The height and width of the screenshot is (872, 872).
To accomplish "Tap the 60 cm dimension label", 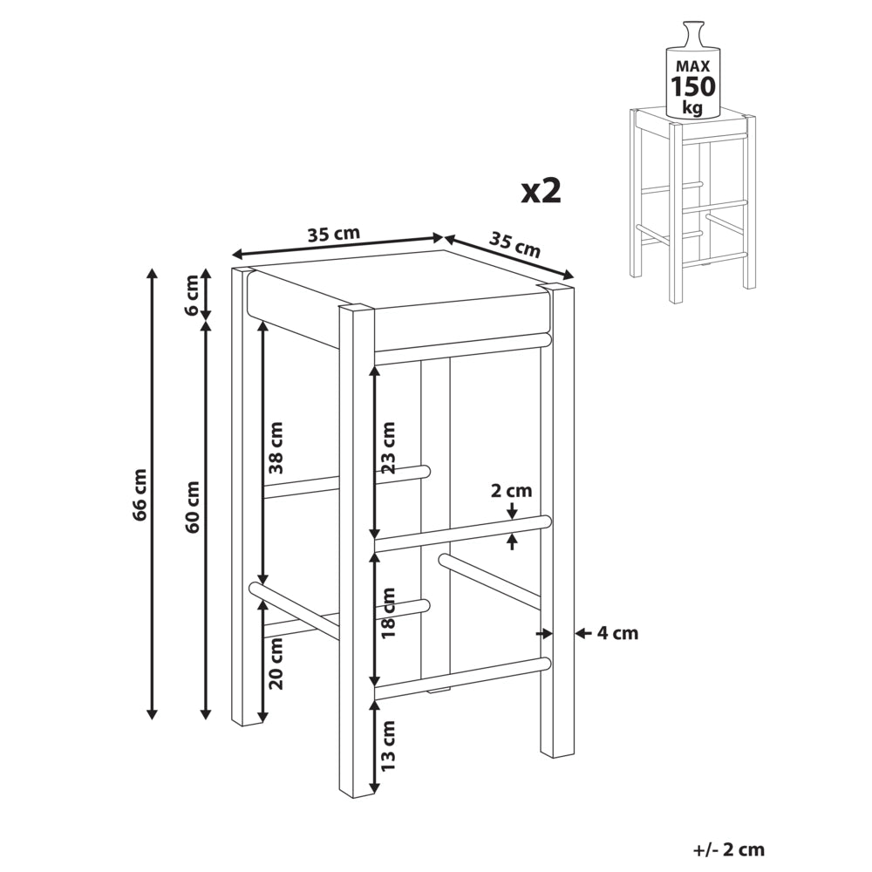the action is click(x=193, y=507).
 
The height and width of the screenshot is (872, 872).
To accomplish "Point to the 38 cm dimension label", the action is click(x=276, y=447).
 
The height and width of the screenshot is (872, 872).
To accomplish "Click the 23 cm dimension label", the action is click(x=388, y=447).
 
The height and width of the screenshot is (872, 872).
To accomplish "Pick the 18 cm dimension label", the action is click(x=388, y=612).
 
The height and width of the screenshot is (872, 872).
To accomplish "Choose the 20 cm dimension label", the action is click(x=276, y=663).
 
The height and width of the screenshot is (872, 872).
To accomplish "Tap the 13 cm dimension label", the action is click(x=388, y=745).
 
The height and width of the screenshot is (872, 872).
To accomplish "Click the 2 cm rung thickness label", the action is click(x=512, y=490).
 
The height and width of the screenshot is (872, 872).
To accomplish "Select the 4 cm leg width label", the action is click(x=617, y=633).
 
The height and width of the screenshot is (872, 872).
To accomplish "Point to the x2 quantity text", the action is click(x=542, y=191).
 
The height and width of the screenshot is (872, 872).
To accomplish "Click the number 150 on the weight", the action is click(x=693, y=86).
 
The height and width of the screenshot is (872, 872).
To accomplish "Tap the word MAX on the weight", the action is click(x=693, y=66).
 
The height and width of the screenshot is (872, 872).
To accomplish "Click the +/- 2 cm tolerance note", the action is click(x=729, y=849).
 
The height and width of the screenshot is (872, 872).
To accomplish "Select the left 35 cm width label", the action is click(x=334, y=234).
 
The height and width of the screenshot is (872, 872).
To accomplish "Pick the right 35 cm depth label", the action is click(x=514, y=245).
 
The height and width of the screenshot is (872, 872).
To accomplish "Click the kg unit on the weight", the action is click(x=693, y=107).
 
